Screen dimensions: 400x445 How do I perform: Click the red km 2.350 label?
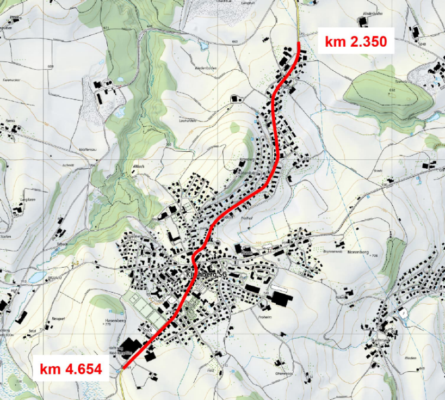point(359,41)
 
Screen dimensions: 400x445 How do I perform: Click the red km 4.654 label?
point(71,370)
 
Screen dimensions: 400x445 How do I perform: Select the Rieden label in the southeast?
point(411,358)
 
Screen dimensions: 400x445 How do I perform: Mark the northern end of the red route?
point(299,43)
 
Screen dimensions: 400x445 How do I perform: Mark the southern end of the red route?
point(125,367)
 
